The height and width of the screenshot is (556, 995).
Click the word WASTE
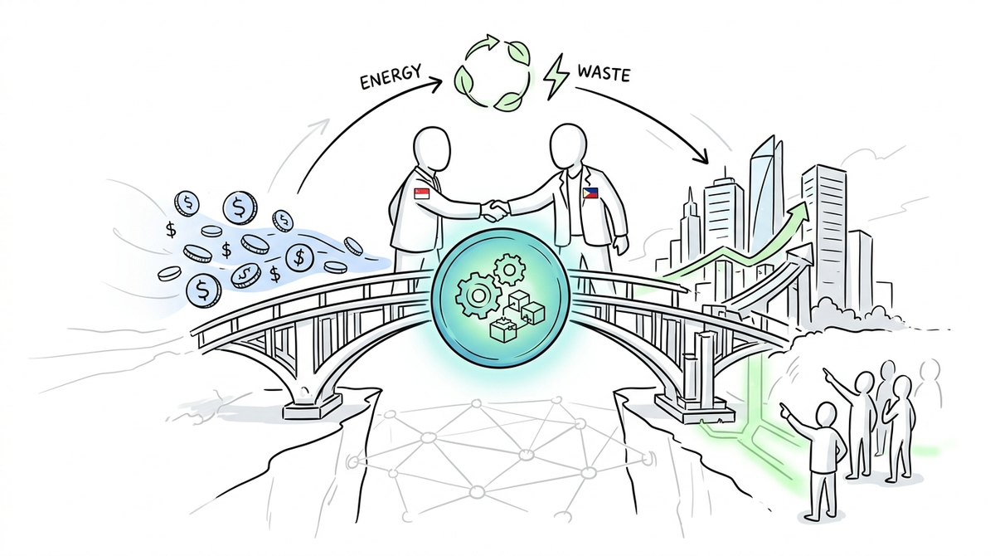click(604, 73)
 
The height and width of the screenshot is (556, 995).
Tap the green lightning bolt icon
click(556, 82)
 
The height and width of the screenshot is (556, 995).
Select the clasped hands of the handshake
click(495, 210)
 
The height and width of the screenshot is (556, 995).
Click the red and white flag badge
click(421, 193)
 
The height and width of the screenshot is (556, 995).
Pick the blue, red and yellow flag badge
click(590, 193)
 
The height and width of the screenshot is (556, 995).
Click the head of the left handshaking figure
click(432, 149)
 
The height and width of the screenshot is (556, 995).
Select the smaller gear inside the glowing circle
click(509, 269)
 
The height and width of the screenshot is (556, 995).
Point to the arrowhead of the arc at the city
click(701, 155)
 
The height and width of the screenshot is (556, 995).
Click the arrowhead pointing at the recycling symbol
click(436, 83)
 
